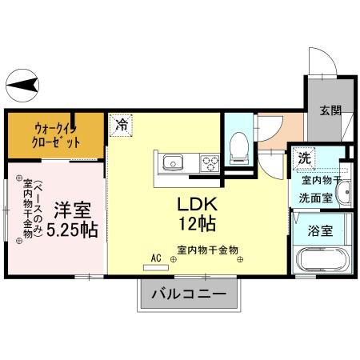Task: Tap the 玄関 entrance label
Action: coord(330,110)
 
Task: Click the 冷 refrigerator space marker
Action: coord(121,125)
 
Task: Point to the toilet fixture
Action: coord(238,146)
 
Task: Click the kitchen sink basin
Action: coord(174,163)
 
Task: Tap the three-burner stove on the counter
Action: coord(210,163)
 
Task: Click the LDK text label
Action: coord(196,202)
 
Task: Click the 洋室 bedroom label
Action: coord(72,211)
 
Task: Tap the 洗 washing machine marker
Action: coord(304,158)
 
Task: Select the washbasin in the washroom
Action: coord(344,193)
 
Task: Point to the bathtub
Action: coord(323,261)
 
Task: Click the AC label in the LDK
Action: coord(156,258)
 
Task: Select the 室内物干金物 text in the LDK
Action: coord(208,250)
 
